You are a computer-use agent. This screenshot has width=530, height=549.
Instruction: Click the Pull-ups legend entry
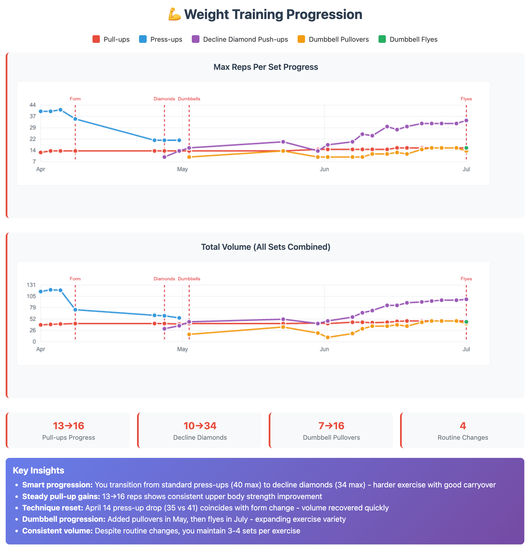[x=111, y=39]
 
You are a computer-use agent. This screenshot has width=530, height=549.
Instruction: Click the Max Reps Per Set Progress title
[x=266, y=67]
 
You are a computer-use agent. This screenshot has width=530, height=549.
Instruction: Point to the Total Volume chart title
[x=266, y=247]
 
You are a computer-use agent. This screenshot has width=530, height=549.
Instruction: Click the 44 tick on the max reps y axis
[x=33, y=105]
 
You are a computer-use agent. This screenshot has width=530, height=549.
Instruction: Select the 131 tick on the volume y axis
[x=31, y=285]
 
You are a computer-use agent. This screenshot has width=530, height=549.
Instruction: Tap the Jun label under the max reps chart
[x=324, y=169]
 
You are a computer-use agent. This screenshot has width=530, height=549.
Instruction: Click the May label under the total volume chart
[x=182, y=349]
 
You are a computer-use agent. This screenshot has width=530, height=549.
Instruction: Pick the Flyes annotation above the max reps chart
[x=466, y=99]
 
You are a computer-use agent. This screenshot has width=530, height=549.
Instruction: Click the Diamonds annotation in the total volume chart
[x=164, y=279]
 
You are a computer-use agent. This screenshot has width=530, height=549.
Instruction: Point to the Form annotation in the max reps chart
[x=75, y=99]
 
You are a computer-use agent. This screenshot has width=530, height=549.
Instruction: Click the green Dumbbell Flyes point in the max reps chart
[x=466, y=148]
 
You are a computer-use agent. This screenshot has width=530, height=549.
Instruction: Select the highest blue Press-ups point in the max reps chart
[x=60, y=110]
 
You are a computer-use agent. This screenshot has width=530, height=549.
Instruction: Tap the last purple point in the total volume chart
[x=466, y=299]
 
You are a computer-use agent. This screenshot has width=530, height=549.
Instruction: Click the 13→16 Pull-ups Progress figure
[x=69, y=426]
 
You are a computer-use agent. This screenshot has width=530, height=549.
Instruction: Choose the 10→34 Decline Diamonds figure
[x=200, y=426]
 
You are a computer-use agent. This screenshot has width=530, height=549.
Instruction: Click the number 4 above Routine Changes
[x=463, y=426]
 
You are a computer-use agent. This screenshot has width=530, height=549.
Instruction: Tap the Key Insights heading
[x=39, y=470]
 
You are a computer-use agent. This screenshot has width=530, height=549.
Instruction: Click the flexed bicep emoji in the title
[x=174, y=14]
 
